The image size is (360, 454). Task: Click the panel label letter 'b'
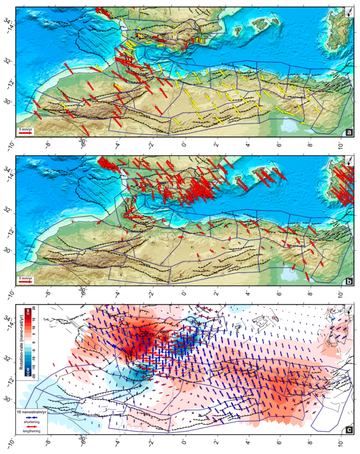[349, 281]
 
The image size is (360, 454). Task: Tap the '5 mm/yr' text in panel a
[26, 129]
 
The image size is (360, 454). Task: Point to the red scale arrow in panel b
[26, 282]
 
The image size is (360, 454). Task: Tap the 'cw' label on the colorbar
[28, 312]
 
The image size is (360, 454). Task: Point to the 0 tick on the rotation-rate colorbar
[34, 342]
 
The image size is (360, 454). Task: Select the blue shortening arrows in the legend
[31, 417]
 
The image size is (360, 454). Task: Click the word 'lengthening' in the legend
[31, 431]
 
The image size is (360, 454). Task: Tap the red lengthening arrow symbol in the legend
[31, 426]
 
